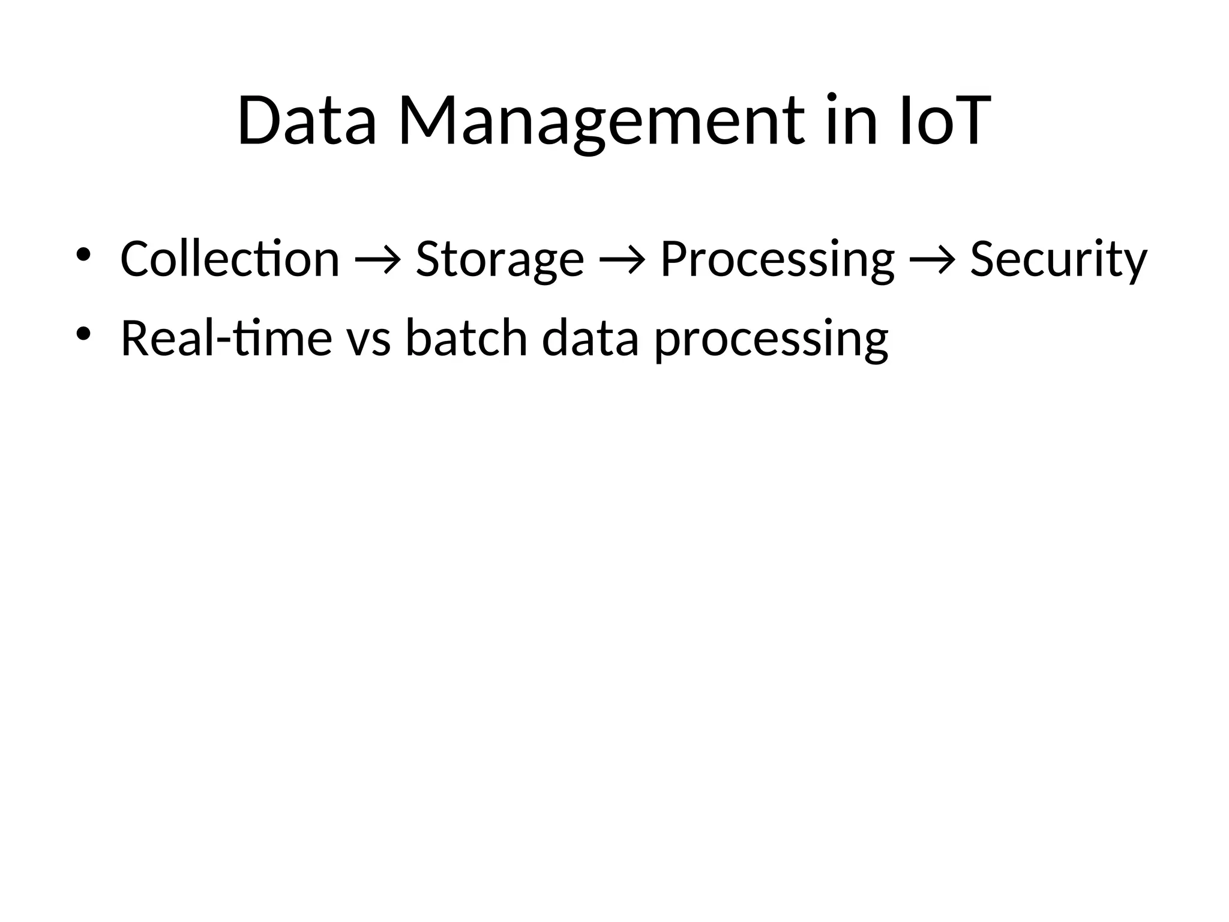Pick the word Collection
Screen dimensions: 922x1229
230,259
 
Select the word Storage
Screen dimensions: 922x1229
499,259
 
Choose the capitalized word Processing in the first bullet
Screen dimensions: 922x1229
777,259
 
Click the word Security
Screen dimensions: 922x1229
1059,259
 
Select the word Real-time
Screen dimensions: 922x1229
226,338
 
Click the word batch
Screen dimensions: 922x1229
466,338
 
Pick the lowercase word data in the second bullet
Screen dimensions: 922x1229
590,338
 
